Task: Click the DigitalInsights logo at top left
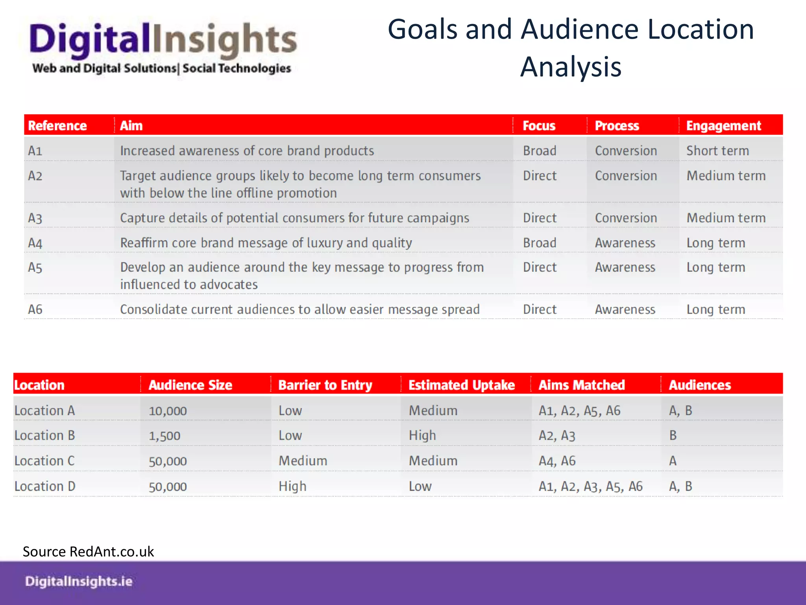tap(162, 47)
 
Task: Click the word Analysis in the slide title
tap(571, 67)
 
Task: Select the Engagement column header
tap(723, 126)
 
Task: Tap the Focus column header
tap(539, 126)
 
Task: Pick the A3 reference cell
tap(35, 218)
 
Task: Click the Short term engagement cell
tap(717, 151)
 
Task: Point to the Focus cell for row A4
tap(540, 243)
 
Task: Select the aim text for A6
tap(299, 310)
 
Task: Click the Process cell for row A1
tap(626, 151)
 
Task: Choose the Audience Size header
tap(190, 385)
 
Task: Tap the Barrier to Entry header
tap(325, 385)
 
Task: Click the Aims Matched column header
tap(581, 385)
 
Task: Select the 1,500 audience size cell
tap(165, 436)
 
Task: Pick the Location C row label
tap(44, 461)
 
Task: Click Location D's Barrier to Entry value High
tap(292, 486)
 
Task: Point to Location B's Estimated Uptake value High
tap(422, 436)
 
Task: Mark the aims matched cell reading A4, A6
tap(557, 461)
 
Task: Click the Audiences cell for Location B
tap(673, 436)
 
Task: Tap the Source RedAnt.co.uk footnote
tap(88, 551)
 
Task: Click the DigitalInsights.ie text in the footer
tap(79, 581)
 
